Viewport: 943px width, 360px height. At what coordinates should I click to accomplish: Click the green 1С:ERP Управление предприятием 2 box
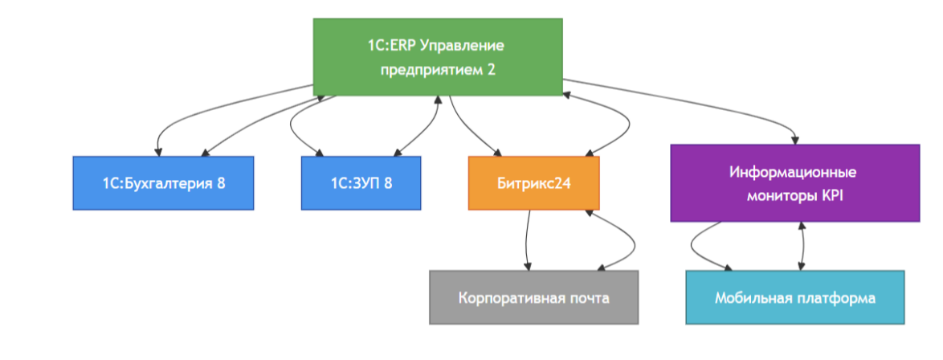(x=437, y=57)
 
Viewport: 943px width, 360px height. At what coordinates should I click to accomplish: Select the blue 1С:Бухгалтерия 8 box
(x=163, y=183)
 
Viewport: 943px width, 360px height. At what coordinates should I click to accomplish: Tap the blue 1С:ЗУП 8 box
(x=361, y=183)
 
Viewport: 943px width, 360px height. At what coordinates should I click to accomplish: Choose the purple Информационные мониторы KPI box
(x=794, y=183)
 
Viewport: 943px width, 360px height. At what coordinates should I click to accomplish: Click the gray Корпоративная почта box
(x=533, y=297)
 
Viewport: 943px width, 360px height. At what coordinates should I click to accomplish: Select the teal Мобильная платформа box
(x=794, y=297)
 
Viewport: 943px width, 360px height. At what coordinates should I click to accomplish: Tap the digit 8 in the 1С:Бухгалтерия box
(x=221, y=183)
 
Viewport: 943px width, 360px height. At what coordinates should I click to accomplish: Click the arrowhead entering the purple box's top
(x=795, y=139)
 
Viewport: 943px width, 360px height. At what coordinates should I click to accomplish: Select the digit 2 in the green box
(x=491, y=69)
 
